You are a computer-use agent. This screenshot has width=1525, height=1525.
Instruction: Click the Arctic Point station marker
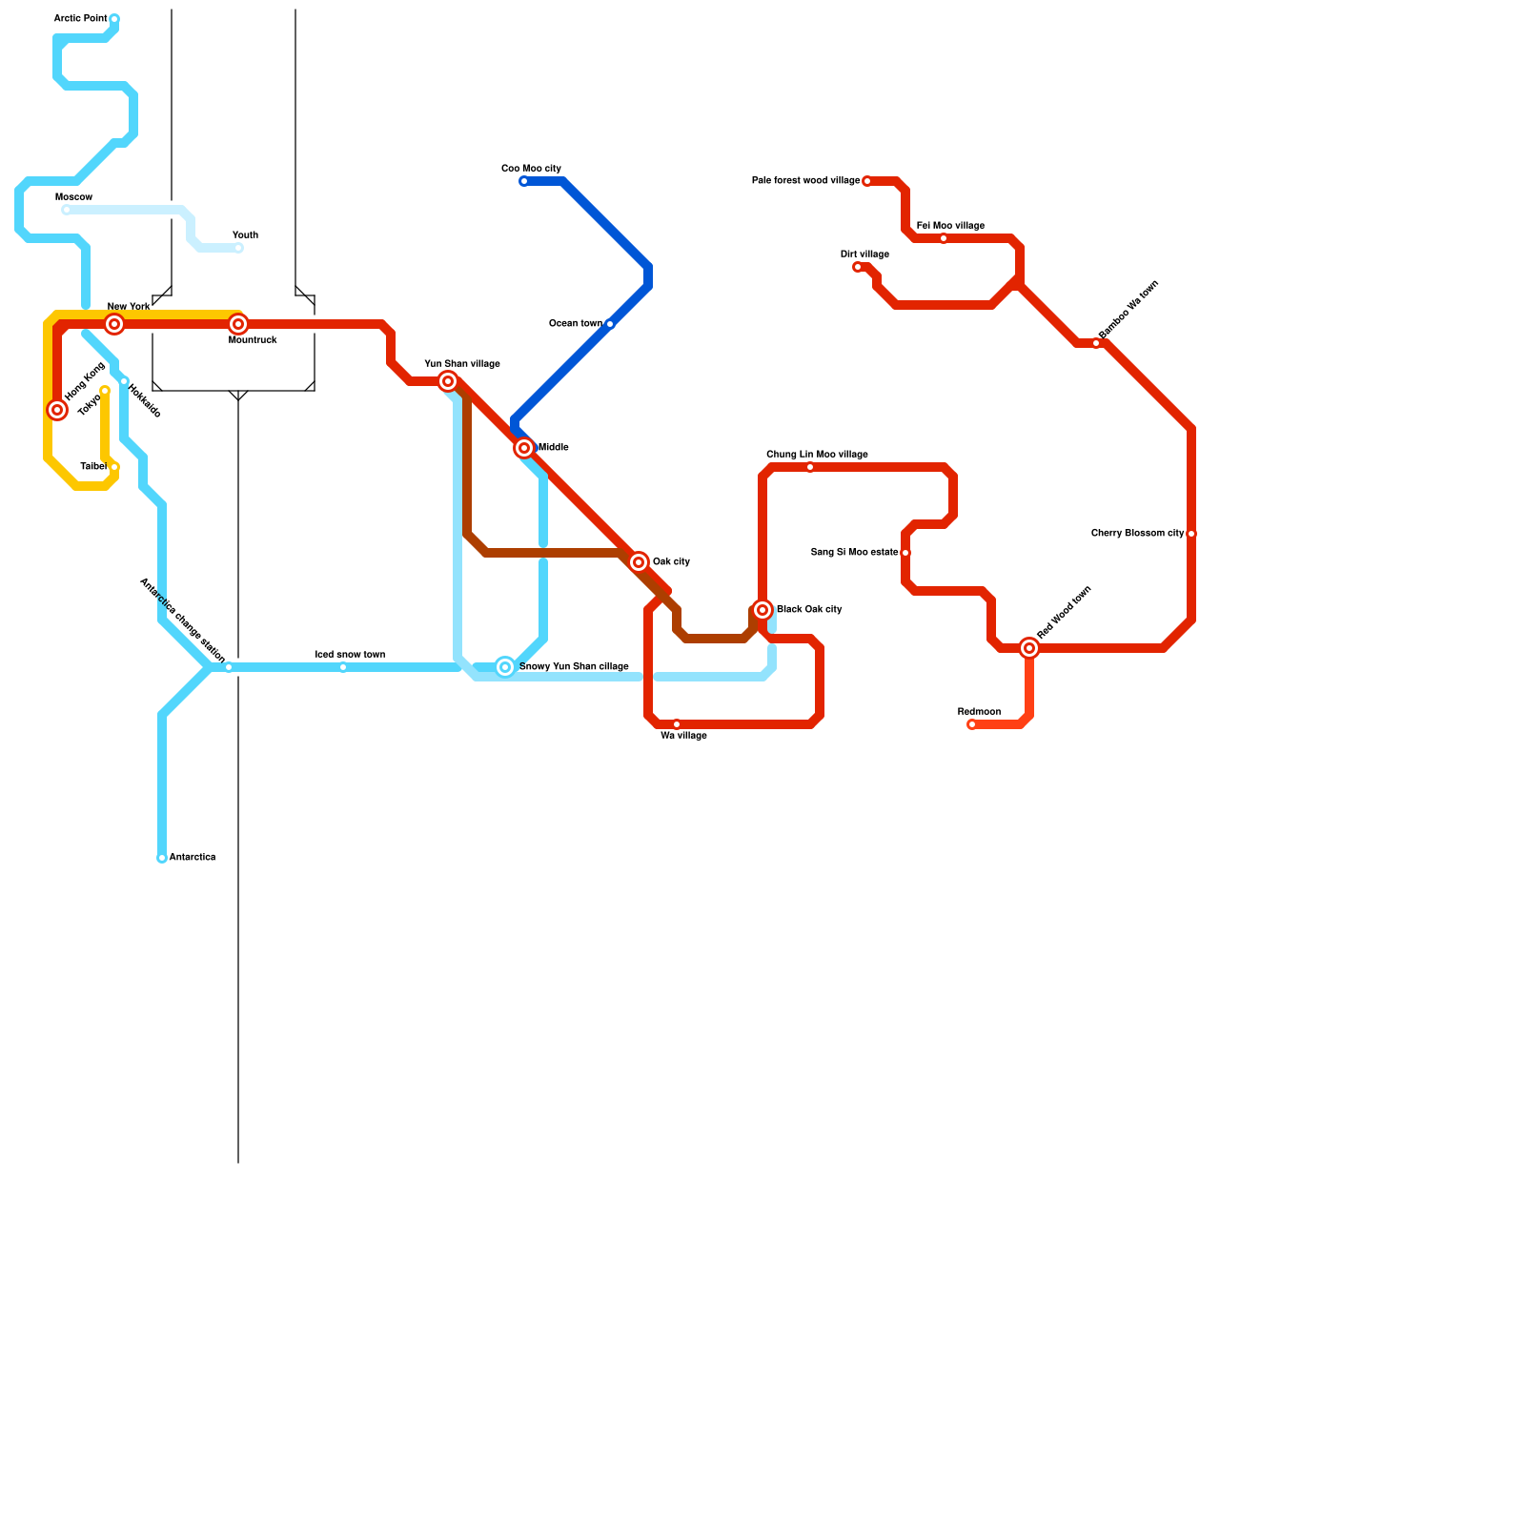coord(114,19)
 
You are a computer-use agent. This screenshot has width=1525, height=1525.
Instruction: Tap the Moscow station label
coord(73,197)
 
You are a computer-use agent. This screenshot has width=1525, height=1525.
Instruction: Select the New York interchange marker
coord(114,324)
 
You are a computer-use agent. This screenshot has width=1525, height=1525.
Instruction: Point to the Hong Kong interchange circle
coord(57,410)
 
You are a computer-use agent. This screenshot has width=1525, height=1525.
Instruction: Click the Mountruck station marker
coord(238,324)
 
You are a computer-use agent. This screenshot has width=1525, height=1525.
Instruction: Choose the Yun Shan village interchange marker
coord(448,381)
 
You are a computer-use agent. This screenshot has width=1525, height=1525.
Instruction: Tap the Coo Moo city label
coord(531,169)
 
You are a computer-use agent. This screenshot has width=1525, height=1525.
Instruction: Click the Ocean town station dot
coord(610,324)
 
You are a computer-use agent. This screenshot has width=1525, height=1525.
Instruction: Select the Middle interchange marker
coord(524,448)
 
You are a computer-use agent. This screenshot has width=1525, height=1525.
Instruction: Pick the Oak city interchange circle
coord(639,562)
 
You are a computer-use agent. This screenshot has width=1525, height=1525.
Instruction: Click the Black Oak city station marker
coord(762,610)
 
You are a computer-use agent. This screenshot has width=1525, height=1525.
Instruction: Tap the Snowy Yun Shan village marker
coord(505,667)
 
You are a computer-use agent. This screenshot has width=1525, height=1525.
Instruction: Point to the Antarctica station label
coord(192,858)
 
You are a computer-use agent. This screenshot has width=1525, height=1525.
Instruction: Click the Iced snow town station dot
coord(343,667)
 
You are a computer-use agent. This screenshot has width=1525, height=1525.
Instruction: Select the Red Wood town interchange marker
coord(1029,648)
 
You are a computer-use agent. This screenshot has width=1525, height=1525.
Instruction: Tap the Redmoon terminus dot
coord(972,724)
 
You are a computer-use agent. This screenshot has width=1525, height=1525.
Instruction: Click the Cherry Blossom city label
coord(1137,534)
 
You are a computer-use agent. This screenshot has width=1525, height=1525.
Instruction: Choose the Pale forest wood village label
coord(805,181)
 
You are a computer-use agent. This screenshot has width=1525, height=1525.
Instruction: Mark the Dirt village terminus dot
coord(858,267)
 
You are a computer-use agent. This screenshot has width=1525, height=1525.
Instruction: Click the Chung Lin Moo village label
coord(817,455)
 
